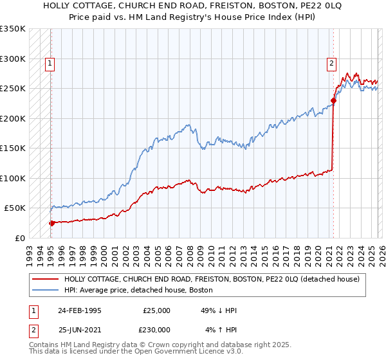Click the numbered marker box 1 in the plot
pos(50,63)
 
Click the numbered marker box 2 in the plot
pos(331,63)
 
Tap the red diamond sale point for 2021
pos(334,100)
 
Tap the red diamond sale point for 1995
pos(52,223)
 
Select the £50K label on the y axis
pos(14,208)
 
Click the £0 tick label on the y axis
pos(19,238)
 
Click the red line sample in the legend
pos(45,279)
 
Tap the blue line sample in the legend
pos(45,290)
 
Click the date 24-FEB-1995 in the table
pos(79,310)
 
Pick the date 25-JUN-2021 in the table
pos(79,330)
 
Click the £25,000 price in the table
pos(156,310)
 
